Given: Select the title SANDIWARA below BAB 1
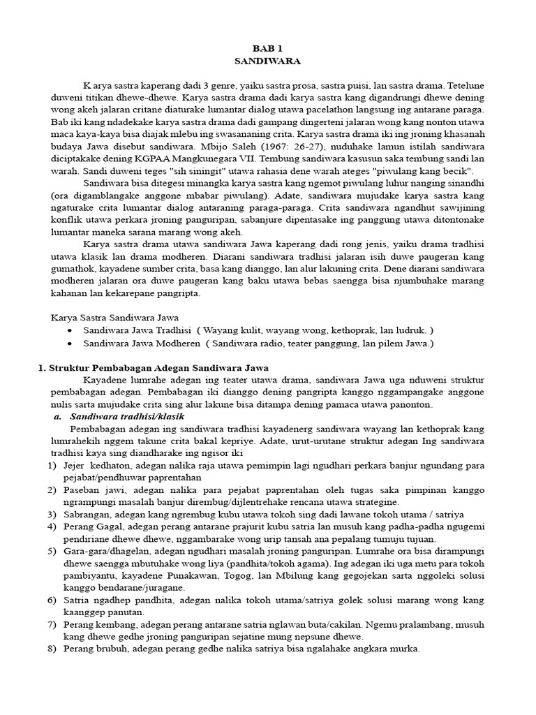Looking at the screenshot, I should point(267,61).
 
